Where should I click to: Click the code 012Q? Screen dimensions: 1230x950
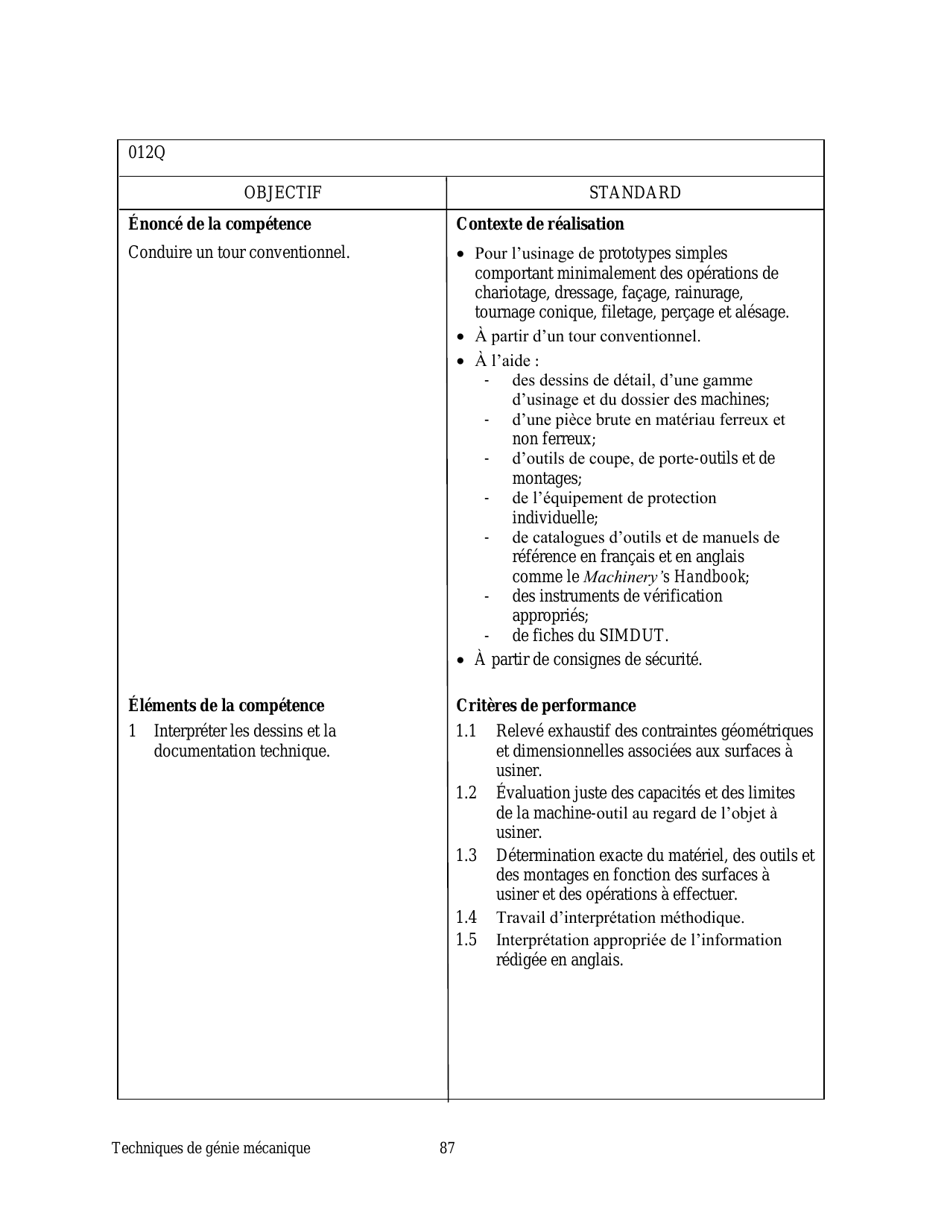[x=147, y=153]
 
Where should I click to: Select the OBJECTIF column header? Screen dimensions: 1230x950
[x=282, y=193]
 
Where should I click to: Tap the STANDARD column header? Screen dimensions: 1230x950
[x=635, y=193]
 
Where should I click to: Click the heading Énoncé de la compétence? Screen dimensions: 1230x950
[x=219, y=224]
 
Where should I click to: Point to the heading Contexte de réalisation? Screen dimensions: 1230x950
[x=539, y=224]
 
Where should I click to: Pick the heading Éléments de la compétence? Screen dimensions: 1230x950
[x=226, y=706]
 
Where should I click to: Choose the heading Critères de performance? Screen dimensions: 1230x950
[x=545, y=706]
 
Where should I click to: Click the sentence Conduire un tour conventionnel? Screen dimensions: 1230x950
[x=238, y=253]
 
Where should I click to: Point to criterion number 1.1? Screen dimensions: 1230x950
[x=466, y=731]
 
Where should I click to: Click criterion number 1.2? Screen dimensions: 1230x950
[x=466, y=793]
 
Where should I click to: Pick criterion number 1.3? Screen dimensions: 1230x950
[x=466, y=856]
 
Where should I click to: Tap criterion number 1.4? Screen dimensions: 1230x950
[x=466, y=918]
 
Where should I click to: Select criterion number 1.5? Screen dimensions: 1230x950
[x=466, y=940]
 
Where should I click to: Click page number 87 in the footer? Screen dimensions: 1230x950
[x=447, y=1149]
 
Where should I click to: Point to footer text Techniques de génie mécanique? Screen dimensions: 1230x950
[x=211, y=1149]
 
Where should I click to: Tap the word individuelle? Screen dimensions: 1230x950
[x=554, y=518]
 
